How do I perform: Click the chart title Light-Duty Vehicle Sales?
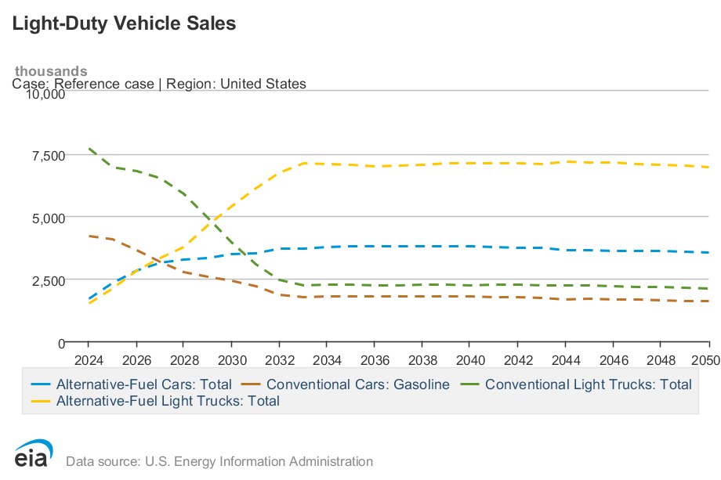(x=124, y=23)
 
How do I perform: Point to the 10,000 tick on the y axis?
(x=45, y=94)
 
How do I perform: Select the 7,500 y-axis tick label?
(x=48, y=156)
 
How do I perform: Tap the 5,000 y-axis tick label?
(x=48, y=218)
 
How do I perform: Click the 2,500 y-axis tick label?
(x=48, y=280)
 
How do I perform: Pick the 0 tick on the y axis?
(x=60, y=343)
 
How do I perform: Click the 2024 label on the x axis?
(x=88, y=360)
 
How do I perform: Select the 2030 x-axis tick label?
(x=231, y=360)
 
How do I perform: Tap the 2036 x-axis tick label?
(x=374, y=360)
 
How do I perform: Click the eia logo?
(x=34, y=454)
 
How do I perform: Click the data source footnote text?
(x=219, y=462)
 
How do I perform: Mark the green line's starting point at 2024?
(x=89, y=148)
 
